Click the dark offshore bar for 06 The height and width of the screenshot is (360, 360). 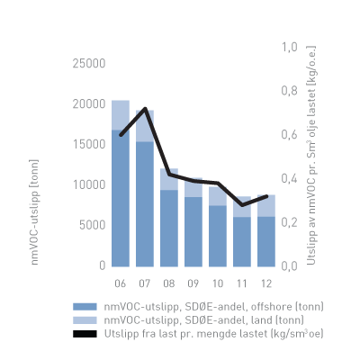[120, 198]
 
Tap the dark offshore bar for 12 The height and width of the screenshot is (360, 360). [266, 241]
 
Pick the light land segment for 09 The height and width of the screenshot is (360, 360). [193, 188]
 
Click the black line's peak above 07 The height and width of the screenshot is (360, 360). [145, 109]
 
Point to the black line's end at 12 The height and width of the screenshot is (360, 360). [266, 195]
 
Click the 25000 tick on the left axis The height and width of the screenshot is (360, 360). [87, 63]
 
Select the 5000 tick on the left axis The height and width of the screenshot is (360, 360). [91, 225]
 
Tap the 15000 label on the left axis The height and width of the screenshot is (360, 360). [87, 144]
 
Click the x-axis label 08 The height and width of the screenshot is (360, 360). [169, 282]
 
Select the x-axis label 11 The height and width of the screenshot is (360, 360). [242, 282]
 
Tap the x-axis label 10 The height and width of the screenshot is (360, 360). [218, 282]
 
